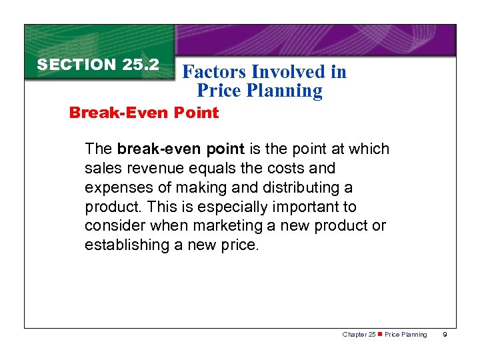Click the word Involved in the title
click(x=287, y=72)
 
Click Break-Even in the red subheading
click(x=110, y=113)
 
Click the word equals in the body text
click(x=201, y=168)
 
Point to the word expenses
click(x=117, y=187)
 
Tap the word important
click(x=309, y=207)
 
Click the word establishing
click(x=125, y=245)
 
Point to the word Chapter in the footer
click(x=354, y=335)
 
